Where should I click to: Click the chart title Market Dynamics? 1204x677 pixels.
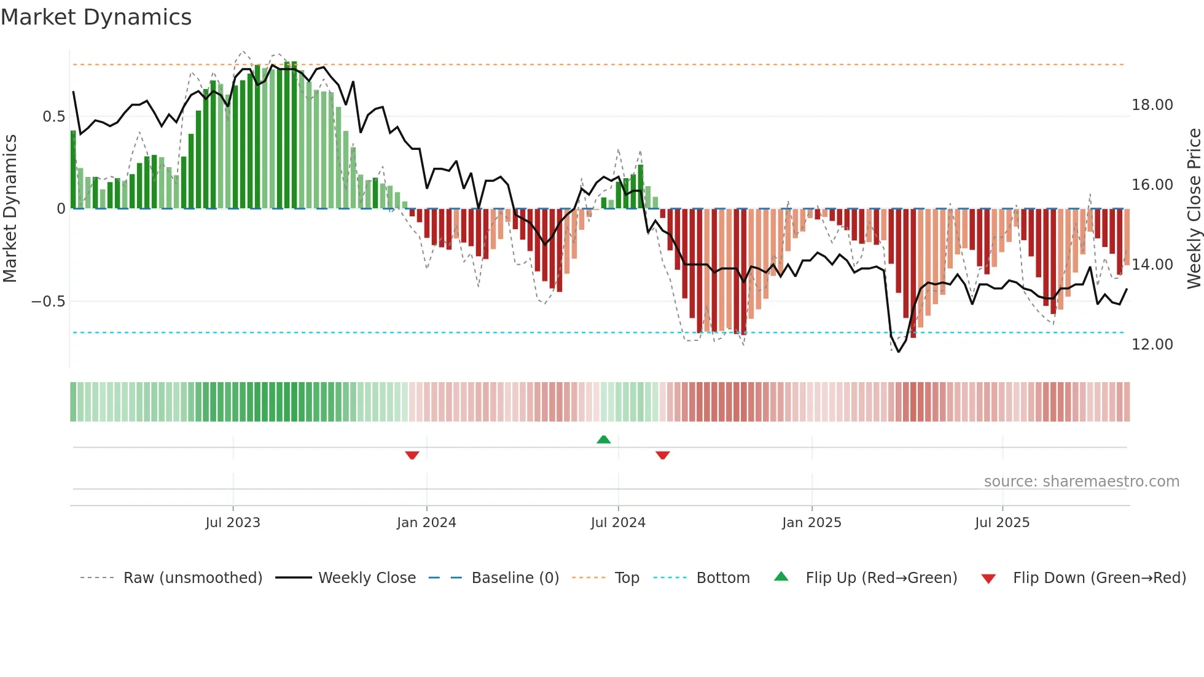click(96, 17)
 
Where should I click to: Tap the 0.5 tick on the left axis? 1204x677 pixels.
click(53, 117)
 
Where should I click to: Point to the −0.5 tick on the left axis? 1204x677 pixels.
click(48, 302)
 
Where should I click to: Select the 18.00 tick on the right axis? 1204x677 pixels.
click(1152, 105)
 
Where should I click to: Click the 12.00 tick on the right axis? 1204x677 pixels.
click(1152, 345)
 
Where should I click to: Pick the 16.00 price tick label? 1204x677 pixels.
click(1152, 185)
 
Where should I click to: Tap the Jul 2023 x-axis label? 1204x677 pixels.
click(233, 523)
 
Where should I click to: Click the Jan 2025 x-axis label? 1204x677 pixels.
click(811, 523)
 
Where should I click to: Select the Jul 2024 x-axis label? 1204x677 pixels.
click(618, 523)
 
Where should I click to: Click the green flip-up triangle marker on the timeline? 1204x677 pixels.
click(604, 439)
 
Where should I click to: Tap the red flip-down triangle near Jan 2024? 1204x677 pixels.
click(412, 455)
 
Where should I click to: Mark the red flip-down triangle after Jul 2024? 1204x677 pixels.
click(662, 455)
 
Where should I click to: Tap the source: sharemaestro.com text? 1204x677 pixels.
click(1081, 482)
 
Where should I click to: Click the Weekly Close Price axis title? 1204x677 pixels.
click(1194, 209)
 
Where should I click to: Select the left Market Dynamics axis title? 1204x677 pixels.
click(10, 209)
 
